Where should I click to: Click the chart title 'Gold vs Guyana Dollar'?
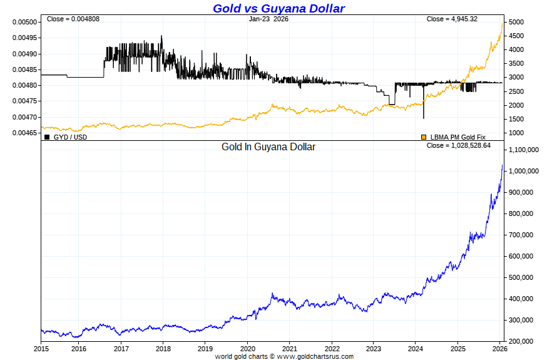click(278, 8)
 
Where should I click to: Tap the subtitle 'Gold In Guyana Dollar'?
click(268, 147)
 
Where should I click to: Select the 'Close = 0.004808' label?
click(73, 19)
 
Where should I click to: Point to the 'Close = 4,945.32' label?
click(452, 19)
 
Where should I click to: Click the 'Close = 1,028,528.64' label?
click(459, 145)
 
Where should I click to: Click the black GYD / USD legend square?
click(47, 136)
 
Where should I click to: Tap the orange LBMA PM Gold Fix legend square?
click(424, 136)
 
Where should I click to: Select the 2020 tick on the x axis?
click(248, 348)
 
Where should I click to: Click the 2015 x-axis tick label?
click(41, 348)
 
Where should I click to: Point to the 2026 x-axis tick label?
click(500, 348)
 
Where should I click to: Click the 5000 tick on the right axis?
click(516, 23)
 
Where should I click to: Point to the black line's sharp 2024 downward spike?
click(424, 117)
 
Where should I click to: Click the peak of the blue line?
click(502, 165)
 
